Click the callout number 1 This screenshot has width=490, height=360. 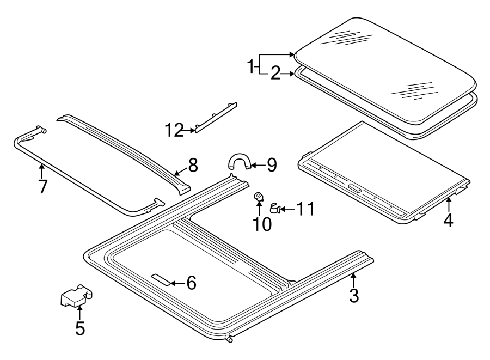251,68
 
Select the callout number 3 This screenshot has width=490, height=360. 354,296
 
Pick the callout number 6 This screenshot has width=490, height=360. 190,283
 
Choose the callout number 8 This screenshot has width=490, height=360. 193,164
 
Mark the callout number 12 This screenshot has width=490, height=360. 175,131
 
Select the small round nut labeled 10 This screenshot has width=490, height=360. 260,196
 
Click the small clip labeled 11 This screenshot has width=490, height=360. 275,208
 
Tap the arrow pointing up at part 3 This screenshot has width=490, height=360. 353,280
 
